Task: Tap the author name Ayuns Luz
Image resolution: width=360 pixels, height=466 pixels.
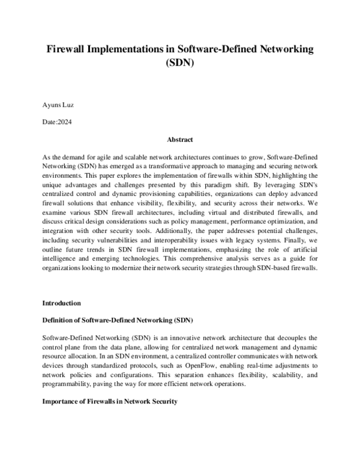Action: pos(60,105)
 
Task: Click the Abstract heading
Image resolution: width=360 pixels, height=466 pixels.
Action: pos(179,139)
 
